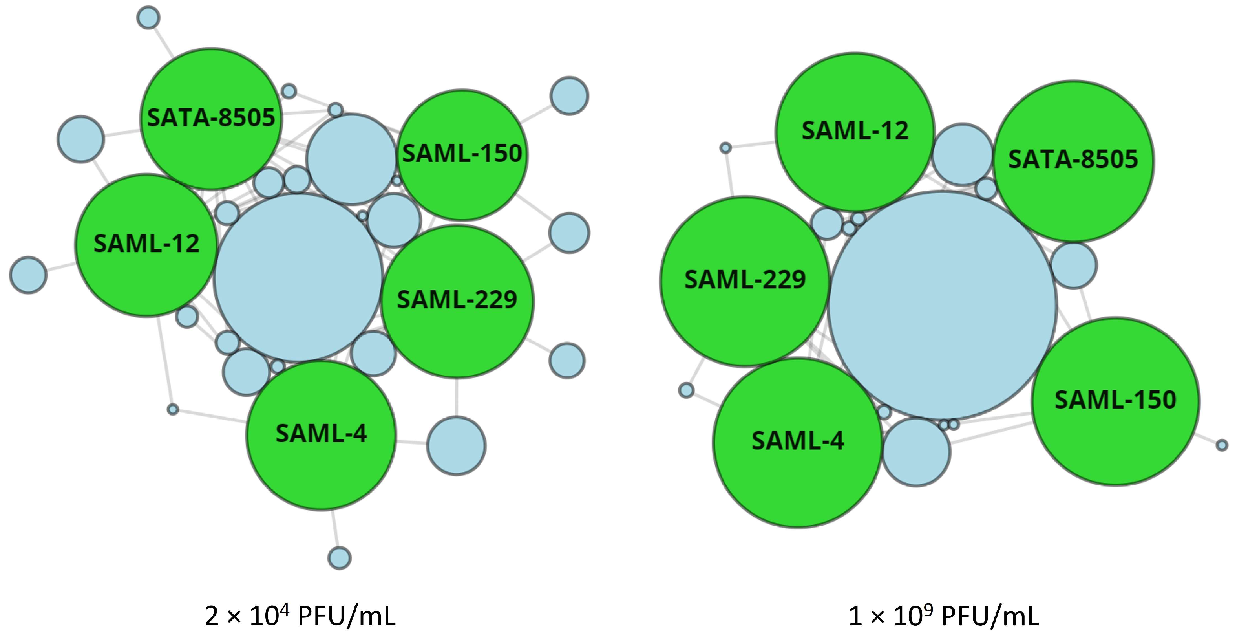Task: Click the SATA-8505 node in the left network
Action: (x=211, y=118)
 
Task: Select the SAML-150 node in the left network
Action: (x=462, y=154)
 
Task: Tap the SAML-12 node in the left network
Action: (x=146, y=245)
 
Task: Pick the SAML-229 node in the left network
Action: (x=457, y=301)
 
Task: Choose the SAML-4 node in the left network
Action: (x=321, y=435)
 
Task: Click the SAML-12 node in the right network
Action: (x=855, y=132)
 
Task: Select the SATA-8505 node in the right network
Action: (x=1073, y=161)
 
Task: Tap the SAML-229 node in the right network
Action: (x=745, y=281)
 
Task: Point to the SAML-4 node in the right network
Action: (x=798, y=443)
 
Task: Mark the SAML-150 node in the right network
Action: (x=1115, y=401)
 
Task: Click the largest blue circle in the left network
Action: (x=298, y=277)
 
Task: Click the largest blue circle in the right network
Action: (x=942, y=305)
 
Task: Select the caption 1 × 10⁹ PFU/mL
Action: (x=944, y=616)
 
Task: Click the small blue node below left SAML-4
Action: (x=340, y=558)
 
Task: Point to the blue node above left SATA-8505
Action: (x=148, y=18)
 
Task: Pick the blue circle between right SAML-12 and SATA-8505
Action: (x=962, y=154)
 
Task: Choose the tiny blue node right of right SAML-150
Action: (x=1222, y=445)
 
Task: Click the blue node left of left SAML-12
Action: (x=28, y=275)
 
